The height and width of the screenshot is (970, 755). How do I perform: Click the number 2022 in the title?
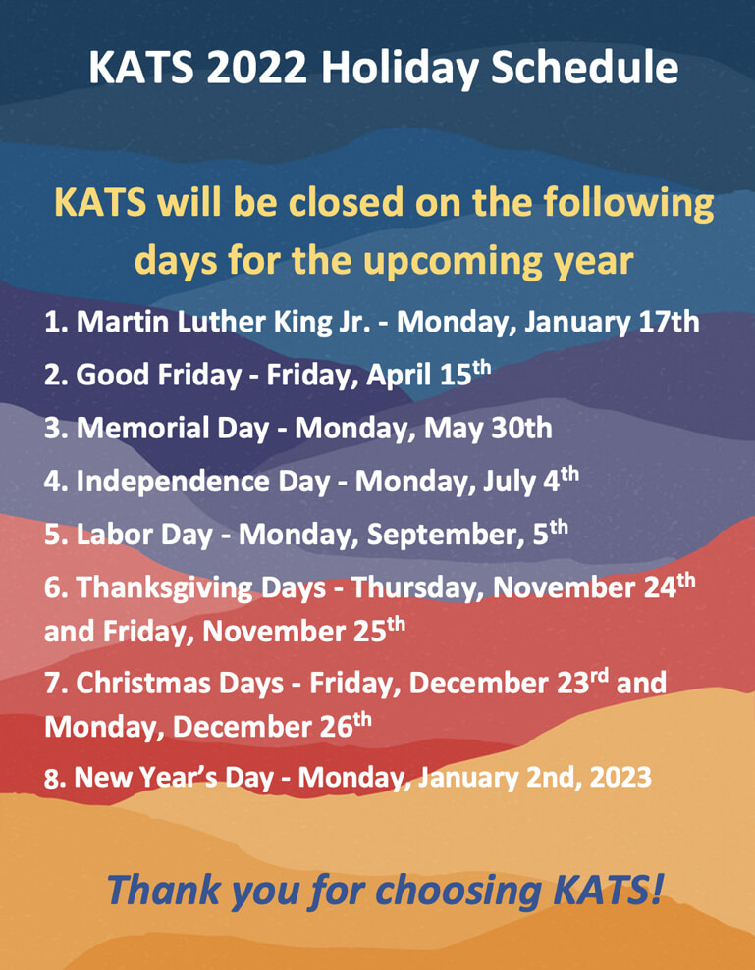257,68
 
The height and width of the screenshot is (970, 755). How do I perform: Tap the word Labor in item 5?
113,536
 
